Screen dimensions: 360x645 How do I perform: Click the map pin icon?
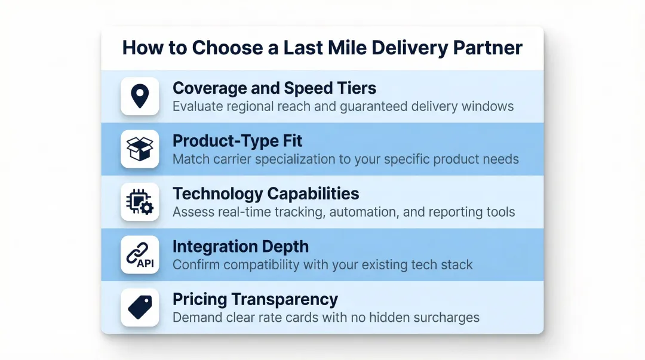[x=140, y=96]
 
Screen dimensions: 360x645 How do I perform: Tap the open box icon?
[x=140, y=149]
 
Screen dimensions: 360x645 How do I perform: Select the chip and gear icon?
[x=140, y=202]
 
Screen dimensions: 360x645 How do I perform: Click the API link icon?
[x=140, y=254]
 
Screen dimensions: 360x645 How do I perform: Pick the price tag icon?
[x=140, y=307]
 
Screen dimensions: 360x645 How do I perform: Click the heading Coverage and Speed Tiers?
[x=274, y=88]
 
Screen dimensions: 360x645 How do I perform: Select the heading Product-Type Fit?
[x=237, y=141]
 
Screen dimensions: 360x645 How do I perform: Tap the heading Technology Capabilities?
[x=266, y=193]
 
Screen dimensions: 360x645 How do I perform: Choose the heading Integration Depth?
[x=241, y=247]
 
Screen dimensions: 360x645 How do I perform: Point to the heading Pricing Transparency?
[x=255, y=299]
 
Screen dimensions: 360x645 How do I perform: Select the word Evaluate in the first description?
[x=196, y=107]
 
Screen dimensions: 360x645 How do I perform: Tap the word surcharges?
[x=447, y=317]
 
